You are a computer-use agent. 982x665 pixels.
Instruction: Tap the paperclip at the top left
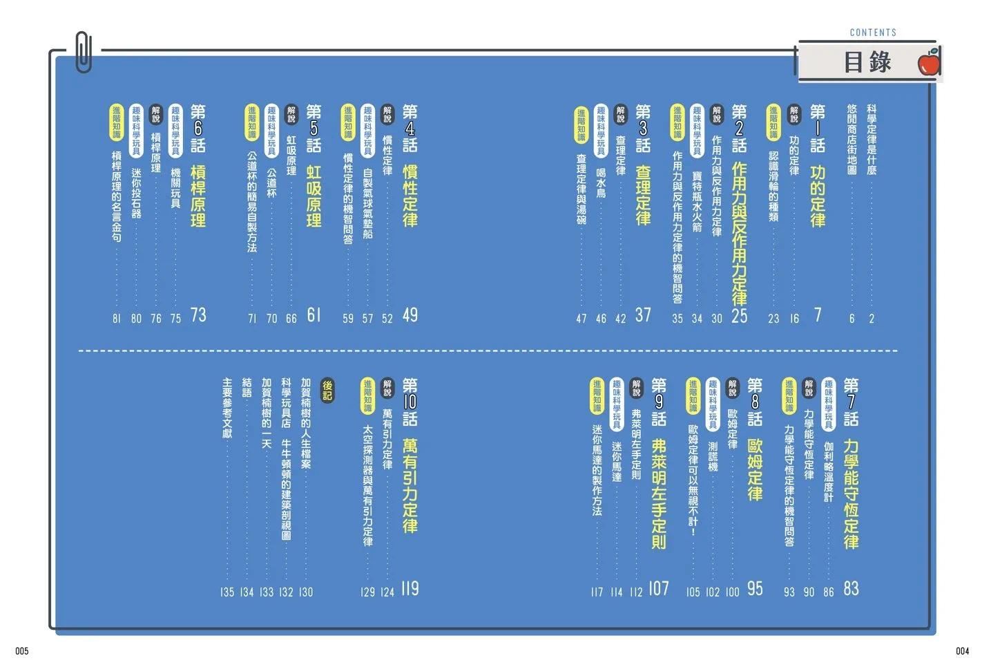(x=84, y=52)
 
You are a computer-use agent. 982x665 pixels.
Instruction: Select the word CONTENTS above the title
(x=873, y=32)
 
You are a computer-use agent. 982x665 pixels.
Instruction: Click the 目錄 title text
(x=867, y=62)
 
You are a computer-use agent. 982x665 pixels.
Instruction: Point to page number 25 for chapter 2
(x=740, y=315)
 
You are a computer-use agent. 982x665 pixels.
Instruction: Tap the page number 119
(x=410, y=589)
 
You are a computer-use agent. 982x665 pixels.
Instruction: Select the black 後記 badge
(x=327, y=391)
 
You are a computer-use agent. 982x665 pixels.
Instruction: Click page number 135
(x=227, y=592)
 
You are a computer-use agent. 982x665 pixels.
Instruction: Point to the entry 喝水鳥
(x=601, y=182)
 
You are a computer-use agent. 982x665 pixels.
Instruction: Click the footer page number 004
(x=963, y=651)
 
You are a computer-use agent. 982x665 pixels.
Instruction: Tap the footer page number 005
(x=22, y=651)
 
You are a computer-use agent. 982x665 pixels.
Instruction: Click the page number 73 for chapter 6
(x=198, y=315)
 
